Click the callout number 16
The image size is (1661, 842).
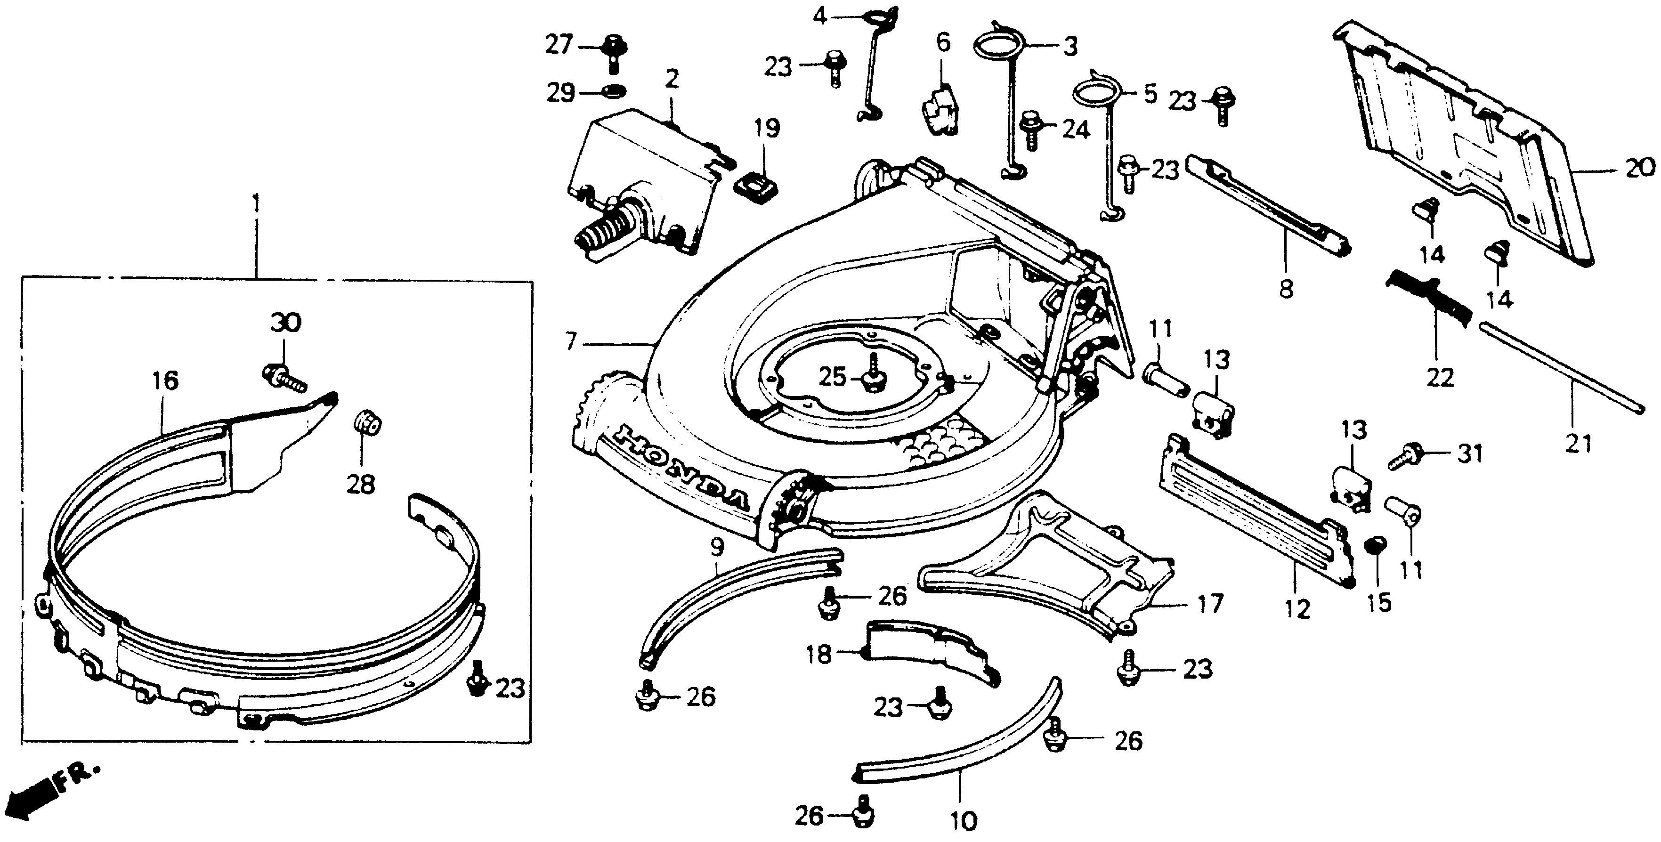[165, 381]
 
